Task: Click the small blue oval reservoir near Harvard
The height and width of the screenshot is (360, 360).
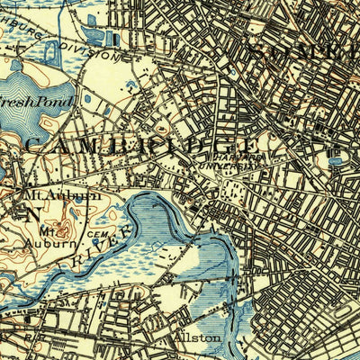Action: coord(337,162)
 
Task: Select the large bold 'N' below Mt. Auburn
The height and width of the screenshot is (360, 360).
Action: coord(34,213)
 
